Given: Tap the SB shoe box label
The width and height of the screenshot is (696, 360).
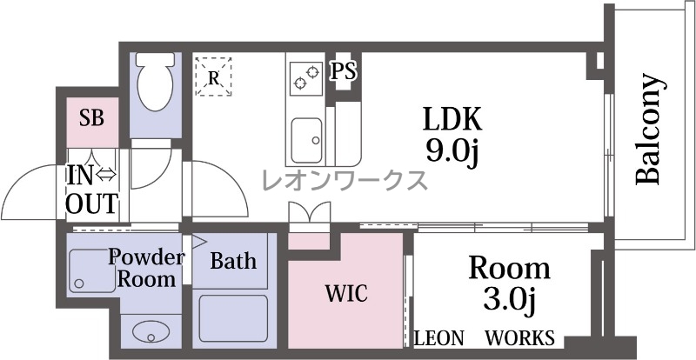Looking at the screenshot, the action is (x=92, y=118).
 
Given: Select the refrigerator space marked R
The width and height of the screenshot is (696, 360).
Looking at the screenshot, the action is (x=213, y=77).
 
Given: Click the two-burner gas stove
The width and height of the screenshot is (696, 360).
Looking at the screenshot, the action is (x=306, y=78).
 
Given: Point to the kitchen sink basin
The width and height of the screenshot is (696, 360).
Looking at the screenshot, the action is (x=306, y=140).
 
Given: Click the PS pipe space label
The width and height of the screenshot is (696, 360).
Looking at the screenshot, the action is (x=344, y=71).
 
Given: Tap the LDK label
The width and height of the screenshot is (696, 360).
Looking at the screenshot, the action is (x=452, y=119).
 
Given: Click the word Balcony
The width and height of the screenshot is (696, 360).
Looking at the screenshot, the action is (x=649, y=129).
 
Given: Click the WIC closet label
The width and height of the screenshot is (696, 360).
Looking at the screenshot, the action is (x=346, y=293).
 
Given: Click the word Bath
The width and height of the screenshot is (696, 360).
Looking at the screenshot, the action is (x=233, y=261).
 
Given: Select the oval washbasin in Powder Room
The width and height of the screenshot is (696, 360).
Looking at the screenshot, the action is (x=151, y=331).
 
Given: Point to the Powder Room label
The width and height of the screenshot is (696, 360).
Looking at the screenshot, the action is (x=145, y=268).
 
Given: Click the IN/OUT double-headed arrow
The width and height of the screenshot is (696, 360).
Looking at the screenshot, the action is (x=105, y=176).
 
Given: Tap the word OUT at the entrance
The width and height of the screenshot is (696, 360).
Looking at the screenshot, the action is (x=92, y=203).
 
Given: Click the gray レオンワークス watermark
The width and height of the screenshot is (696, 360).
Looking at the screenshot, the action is (x=345, y=180).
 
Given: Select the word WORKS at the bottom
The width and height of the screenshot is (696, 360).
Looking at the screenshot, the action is (x=519, y=338).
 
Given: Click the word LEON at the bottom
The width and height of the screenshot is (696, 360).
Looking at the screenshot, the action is (x=439, y=338).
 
